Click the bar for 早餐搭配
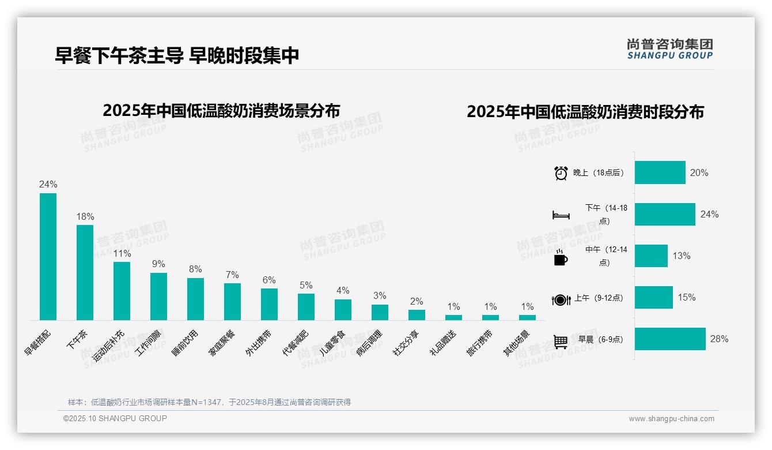coord(48,257)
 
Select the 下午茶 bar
coord(85,272)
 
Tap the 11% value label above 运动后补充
coord(122,253)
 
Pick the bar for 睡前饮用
coord(195,299)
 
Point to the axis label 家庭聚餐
coord(222,343)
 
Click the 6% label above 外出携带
coord(269,280)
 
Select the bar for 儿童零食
coord(343,310)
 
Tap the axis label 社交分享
coord(407,343)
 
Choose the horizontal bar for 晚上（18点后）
coord(660,172)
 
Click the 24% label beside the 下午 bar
coord(709,215)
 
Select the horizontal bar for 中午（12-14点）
coord(651,256)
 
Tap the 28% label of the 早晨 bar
coord(719,339)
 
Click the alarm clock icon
coord(561,173)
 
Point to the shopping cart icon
coord(561,342)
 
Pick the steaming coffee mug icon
coord(561,258)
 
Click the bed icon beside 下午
coord(561,215)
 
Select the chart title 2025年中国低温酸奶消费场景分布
coord(221,111)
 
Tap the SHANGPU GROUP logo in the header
coord(669,48)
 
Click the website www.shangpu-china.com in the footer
coord(671,419)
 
